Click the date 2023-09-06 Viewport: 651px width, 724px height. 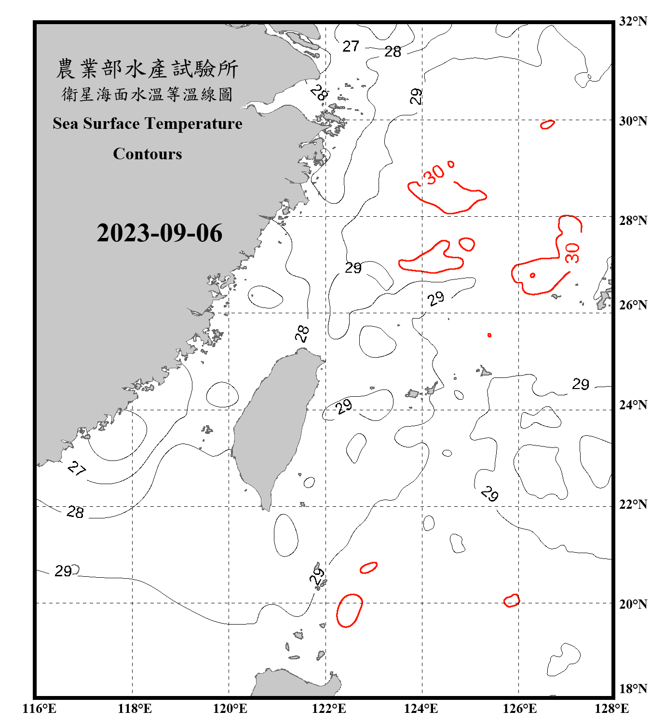(159, 233)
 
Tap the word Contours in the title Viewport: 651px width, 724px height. (148, 154)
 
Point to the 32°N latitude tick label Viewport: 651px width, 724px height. (633, 21)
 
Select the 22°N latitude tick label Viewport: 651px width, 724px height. (633, 504)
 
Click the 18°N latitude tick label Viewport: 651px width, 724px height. (633, 689)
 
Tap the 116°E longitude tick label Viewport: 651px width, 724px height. (39, 709)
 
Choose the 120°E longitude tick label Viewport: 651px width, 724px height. (230, 709)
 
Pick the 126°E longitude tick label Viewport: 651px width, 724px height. (519, 709)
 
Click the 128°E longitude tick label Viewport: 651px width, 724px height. (611, 709)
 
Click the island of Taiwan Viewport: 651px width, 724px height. (272, 425)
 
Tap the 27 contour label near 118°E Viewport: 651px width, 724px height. (77, 468)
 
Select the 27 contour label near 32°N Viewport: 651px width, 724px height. (351, 46)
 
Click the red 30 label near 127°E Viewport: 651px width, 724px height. (572, 252)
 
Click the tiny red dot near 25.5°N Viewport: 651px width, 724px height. (489, 335)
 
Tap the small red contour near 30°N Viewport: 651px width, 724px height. (547, 125)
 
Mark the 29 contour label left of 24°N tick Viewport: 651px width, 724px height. (581, 384)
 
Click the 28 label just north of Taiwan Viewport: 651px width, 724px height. (302, 334)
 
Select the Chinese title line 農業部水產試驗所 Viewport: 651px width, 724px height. (147, 69)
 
